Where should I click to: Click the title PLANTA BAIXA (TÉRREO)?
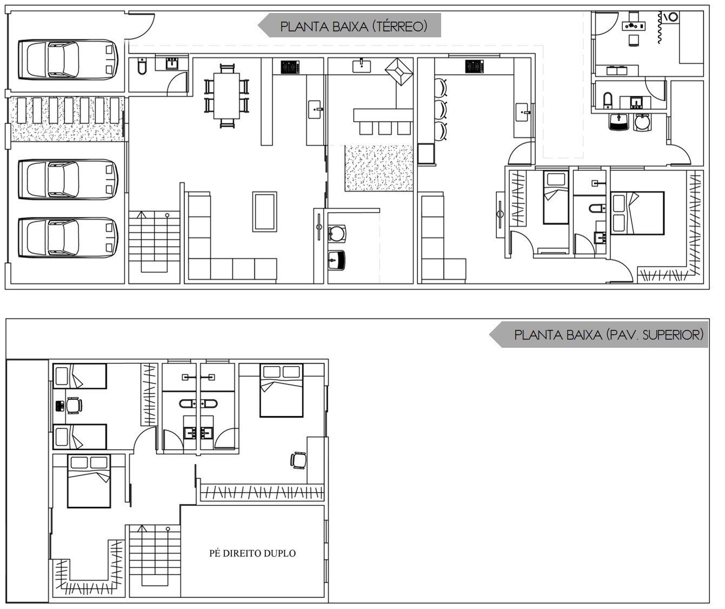pos(354,27)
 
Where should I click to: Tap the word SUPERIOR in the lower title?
pos(673,335)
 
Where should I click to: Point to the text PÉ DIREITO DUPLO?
pos(252,553)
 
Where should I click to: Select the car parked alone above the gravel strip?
pos(68,59)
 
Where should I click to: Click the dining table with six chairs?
pos(227,96)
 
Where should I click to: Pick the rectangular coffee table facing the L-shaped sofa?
pos(264,211)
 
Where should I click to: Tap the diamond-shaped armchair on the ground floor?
pos(399,71)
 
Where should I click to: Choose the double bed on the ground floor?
pos(637,213)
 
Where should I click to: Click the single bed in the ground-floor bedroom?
pos(556,197)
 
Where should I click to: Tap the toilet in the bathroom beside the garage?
pos(142,66)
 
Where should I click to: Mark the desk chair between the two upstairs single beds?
pos(74,406)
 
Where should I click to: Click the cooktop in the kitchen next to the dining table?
pos(290,67)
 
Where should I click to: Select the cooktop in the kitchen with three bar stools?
pos(474,67)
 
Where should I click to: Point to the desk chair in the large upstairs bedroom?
pos(298,460)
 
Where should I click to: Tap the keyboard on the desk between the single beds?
pos(59,406)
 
